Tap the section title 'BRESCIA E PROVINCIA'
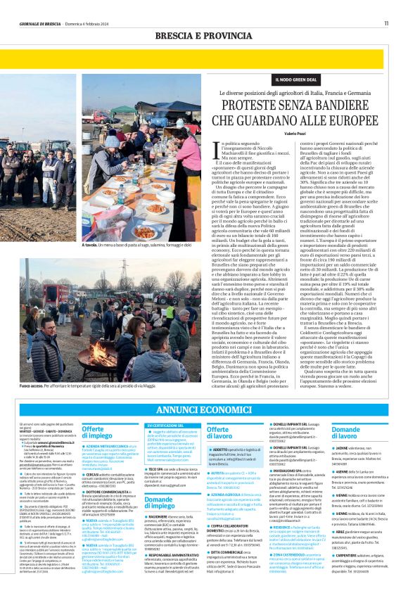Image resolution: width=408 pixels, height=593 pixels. [203, 34]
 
